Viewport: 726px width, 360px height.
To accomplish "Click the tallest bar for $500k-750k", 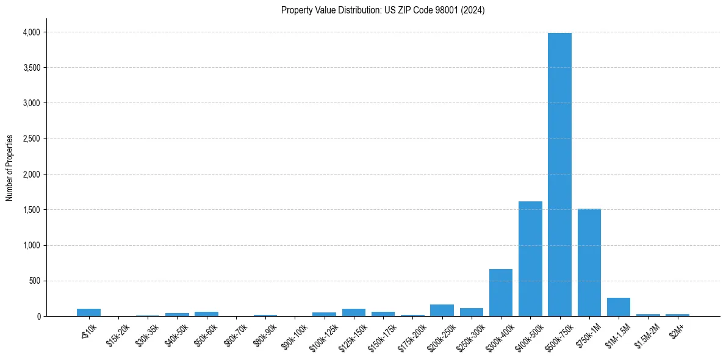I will pyautogui.click(x=559, y=175).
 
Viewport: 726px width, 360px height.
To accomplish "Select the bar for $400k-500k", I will pyautogui.click(x=530, y=259).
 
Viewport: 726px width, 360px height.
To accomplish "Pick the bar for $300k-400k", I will pyautogui.click(x=501, y=293).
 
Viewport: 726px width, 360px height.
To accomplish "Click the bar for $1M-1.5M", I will pyautogui.click(x=619, y=307).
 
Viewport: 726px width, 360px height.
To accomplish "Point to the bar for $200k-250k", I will pyautogui.click(x=442, y=310).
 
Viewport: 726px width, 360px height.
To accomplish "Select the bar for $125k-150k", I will pyautogui.click(x=354, y=312).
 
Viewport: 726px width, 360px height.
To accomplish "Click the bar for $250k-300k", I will pyautogui.click(x=472, y=312).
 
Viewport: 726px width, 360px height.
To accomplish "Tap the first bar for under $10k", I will pyautogui.click(x=89, y=312).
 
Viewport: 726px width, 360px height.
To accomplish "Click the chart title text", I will pyautogui.click(x=383, y=10).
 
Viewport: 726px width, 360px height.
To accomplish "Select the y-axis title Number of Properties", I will pyautogui.click(x=10, y=168).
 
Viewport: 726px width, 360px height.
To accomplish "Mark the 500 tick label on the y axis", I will pyautogui.click(x=34, y=281).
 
